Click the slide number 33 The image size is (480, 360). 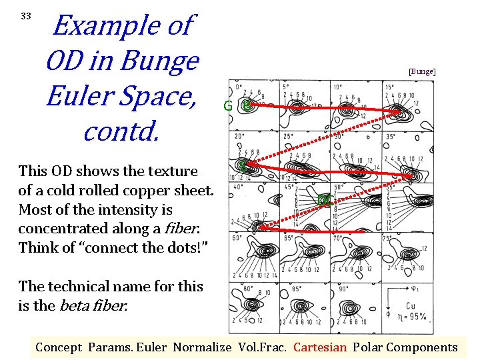26,15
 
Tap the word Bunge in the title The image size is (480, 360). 164,61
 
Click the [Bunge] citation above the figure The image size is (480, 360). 422,71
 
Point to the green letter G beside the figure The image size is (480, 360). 228,106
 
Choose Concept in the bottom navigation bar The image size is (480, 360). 58,347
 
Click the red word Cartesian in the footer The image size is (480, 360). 320,347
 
